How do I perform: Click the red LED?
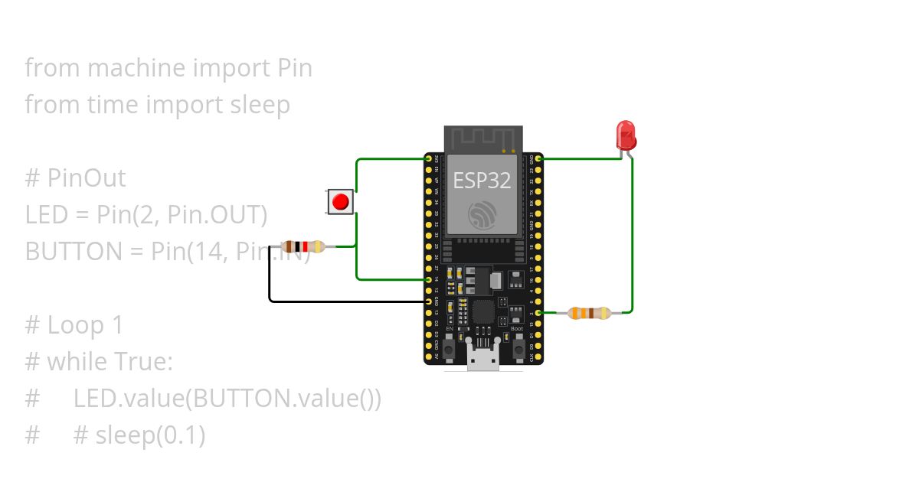click(x=626, y=135)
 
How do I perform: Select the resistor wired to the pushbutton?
click(x=305, y=246)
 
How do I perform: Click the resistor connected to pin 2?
click(x=589, y=312)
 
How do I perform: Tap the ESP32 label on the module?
click(x=482, y=181)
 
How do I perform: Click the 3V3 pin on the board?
click(x=429, y=158)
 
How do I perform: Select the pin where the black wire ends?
click(x=429, y=301)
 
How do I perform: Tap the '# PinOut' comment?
click(x=75, y=178)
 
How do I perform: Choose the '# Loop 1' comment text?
click(x=74, y=325)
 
